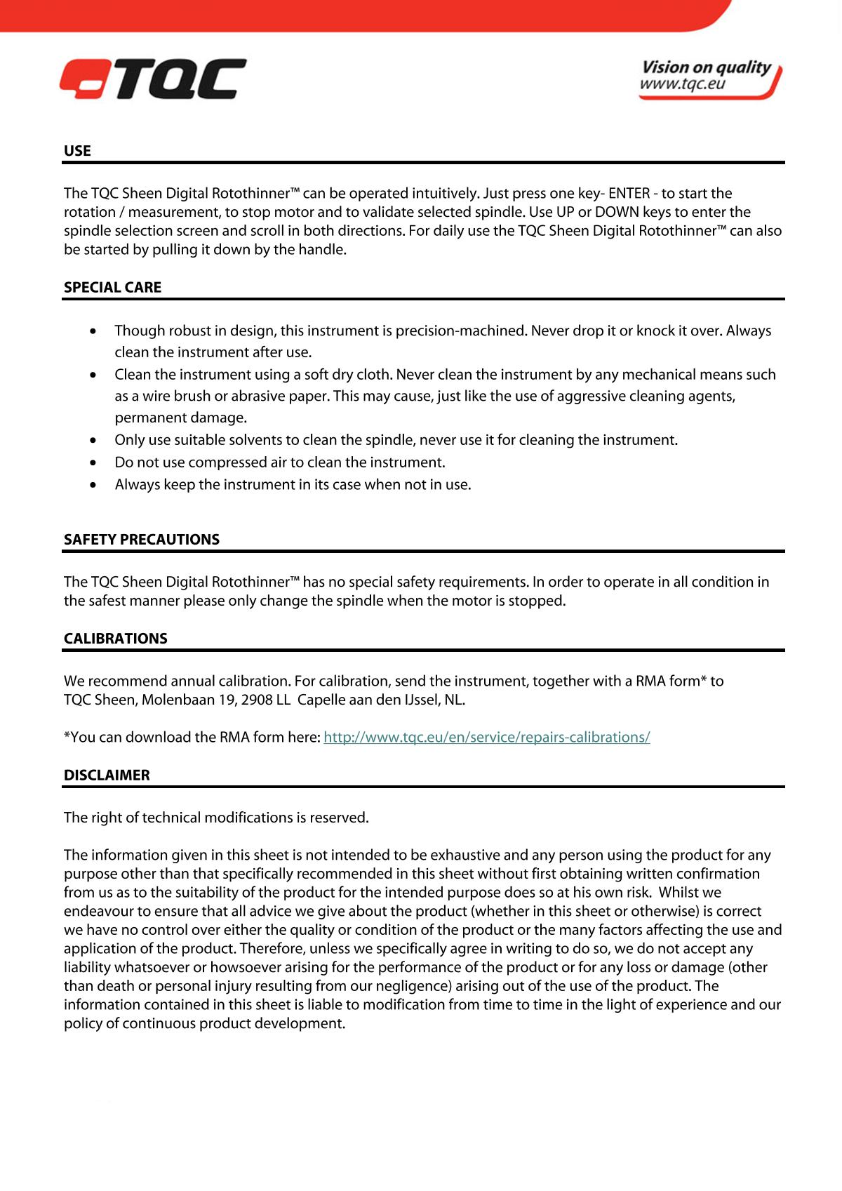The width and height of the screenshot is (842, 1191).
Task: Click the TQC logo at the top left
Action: (x=153, y=79)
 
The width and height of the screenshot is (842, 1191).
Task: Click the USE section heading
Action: (x=77, y=151)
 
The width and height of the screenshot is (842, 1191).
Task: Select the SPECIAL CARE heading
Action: (x=112, y=287)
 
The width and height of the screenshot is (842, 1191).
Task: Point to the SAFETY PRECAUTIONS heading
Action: (x=142, y=539)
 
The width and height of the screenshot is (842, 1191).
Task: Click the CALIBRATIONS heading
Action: (x=116, y=638)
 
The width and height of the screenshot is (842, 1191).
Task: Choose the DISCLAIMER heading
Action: (x=107, y=775)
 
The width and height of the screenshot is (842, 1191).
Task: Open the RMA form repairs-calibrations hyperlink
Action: (x=486, y=737)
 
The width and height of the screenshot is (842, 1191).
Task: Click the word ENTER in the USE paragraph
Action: (x=629, y=193)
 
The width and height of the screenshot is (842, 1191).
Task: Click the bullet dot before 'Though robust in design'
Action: (x=94, y=331)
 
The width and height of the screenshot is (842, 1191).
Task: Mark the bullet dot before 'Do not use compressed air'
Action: (x=94, y=463)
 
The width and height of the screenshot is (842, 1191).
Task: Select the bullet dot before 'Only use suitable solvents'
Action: (x=94, y=440)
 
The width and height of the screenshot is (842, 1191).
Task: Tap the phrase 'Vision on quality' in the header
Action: (x=706, y=67)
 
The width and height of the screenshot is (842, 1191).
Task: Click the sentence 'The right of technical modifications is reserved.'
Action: (x=216, y=818)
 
